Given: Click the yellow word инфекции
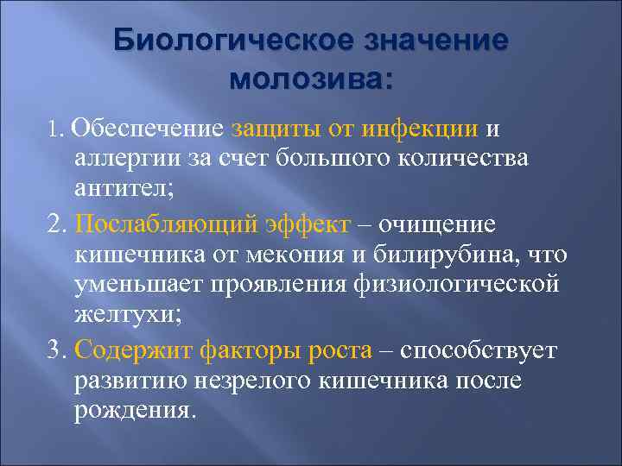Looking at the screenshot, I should click(420, 129).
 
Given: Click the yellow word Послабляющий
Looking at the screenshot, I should click(166, 224).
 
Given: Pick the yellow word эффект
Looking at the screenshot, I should click(308, 224).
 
